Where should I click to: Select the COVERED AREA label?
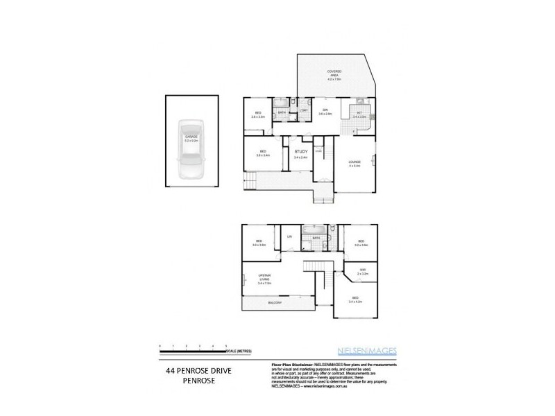coord(334,73)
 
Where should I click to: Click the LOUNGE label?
coord(355,162)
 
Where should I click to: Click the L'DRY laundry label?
coord(303,111)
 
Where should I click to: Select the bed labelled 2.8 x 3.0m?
coord(258,114)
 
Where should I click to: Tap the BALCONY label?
coord(275,303)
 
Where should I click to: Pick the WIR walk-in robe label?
coord(362,271)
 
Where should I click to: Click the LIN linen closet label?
coord(289,237)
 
